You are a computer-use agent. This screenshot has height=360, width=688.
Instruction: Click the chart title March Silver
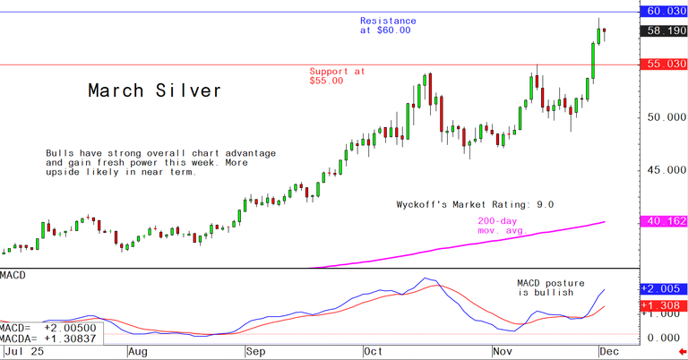(x=154, y=91)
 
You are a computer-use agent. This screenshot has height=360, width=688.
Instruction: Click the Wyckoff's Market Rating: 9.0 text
(x=476, y=204)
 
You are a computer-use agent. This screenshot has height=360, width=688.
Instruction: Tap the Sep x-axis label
(x=255, y=353)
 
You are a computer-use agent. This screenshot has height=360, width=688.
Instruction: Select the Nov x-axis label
(x=503, y=353)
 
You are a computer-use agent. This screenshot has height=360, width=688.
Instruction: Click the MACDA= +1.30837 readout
(x=51, y=340)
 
